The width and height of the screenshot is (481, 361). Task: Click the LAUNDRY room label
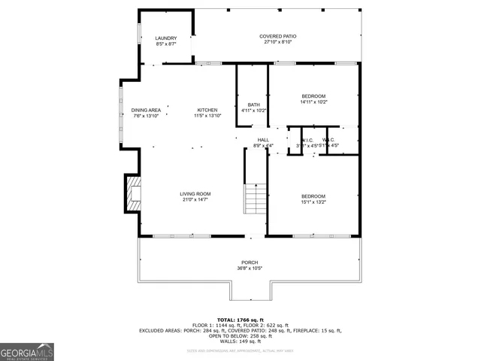pyautogui.click(x=165, y=38)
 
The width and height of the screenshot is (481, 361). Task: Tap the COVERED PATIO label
pyautogui.click(x=277, y=36)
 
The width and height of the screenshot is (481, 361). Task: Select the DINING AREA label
pyautogui.click(x=147, y=110)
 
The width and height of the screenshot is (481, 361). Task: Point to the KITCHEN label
pyautogui.click(x=207, y=110)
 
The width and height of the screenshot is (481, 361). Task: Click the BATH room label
pyautogui.click(x=253, y=105)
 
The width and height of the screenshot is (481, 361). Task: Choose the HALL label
pyautogui.click(x=263, y=140)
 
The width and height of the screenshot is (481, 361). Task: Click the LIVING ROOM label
pyautogui.click(x=194, y=194)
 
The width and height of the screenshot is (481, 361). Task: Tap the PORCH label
pyautogui.click(x=250, y=262)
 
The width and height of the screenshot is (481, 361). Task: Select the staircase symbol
pyautogui.click(x=256, y=199)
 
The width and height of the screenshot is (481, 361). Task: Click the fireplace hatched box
pyautogui.click(x=132, y=191)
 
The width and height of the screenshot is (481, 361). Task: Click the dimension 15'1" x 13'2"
pyautogui.click(x=313, y=202)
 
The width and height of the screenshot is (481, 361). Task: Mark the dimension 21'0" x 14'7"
pyautogui.click(x=194, y=200)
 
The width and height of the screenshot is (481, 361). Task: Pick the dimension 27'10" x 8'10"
pyautogui.click(x=277, y=42)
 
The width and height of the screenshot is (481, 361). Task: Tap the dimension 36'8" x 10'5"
pyautogui.click(x=250, y=268)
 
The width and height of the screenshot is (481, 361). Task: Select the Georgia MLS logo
pyautogui.click(x=27, y=352)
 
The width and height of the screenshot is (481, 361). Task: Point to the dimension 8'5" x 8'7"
pyautogui.click(x=165, y=44)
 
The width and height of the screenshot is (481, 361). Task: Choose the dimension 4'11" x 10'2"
pyautogui.click(x=253, y=111)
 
